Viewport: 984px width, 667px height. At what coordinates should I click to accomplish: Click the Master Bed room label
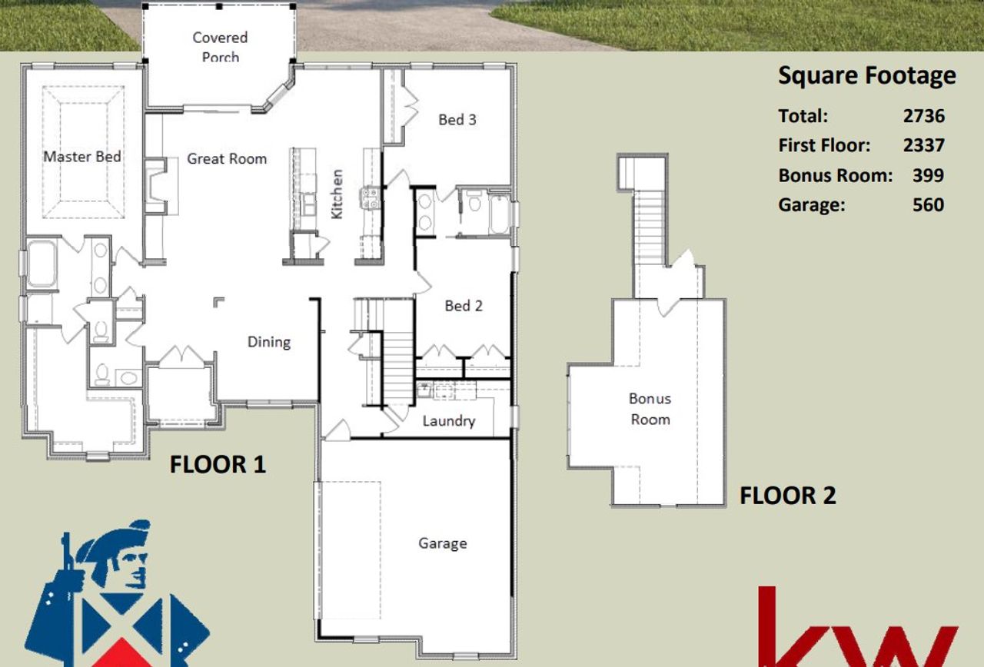pos(81,157)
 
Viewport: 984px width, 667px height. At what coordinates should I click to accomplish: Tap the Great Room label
pos(227,159)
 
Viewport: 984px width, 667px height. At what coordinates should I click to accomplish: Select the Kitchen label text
pos(337,194)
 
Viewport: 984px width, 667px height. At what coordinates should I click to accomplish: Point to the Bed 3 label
pos(457,119)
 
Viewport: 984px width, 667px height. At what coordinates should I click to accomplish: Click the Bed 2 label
pos(464,306)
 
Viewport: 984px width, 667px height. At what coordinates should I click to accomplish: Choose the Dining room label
pos(268,342)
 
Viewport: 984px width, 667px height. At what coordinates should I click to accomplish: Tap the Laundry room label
pos(448,421)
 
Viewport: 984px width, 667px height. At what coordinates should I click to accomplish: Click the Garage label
pos(442,543)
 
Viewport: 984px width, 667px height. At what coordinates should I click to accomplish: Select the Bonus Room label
pos(650,409)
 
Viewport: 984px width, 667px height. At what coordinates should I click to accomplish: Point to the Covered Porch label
pos(220,46)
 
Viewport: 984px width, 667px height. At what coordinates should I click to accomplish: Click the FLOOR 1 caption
pos(218,464)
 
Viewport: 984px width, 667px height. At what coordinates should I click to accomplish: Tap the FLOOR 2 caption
pos(787,496)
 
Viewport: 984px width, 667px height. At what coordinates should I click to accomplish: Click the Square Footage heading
pos(867,75)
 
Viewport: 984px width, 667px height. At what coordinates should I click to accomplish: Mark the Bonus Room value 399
pos(928,175)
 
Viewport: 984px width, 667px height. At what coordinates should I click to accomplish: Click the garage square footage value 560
pos(928,204)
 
